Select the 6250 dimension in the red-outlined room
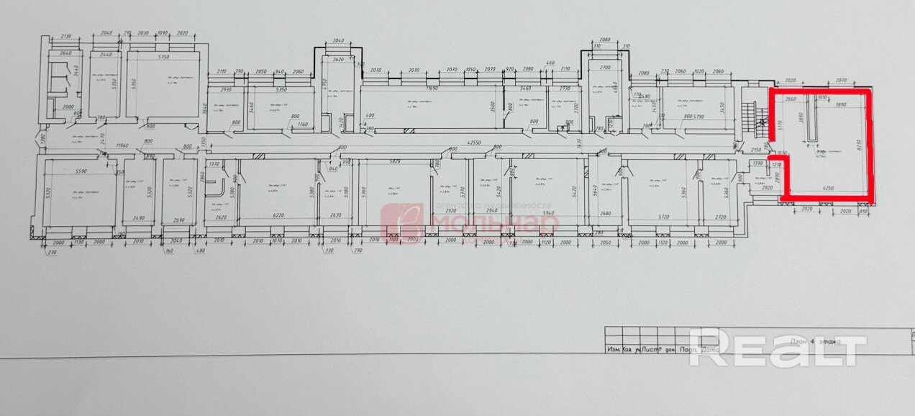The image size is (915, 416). pyautogui.click(x=828, y=189)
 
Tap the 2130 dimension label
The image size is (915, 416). pyautogui.click(x=69, y=36)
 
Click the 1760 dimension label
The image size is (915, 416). pyautogui.click(x=302, y=125)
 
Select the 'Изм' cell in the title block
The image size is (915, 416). pyautogui.click(x=613, y=351)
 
